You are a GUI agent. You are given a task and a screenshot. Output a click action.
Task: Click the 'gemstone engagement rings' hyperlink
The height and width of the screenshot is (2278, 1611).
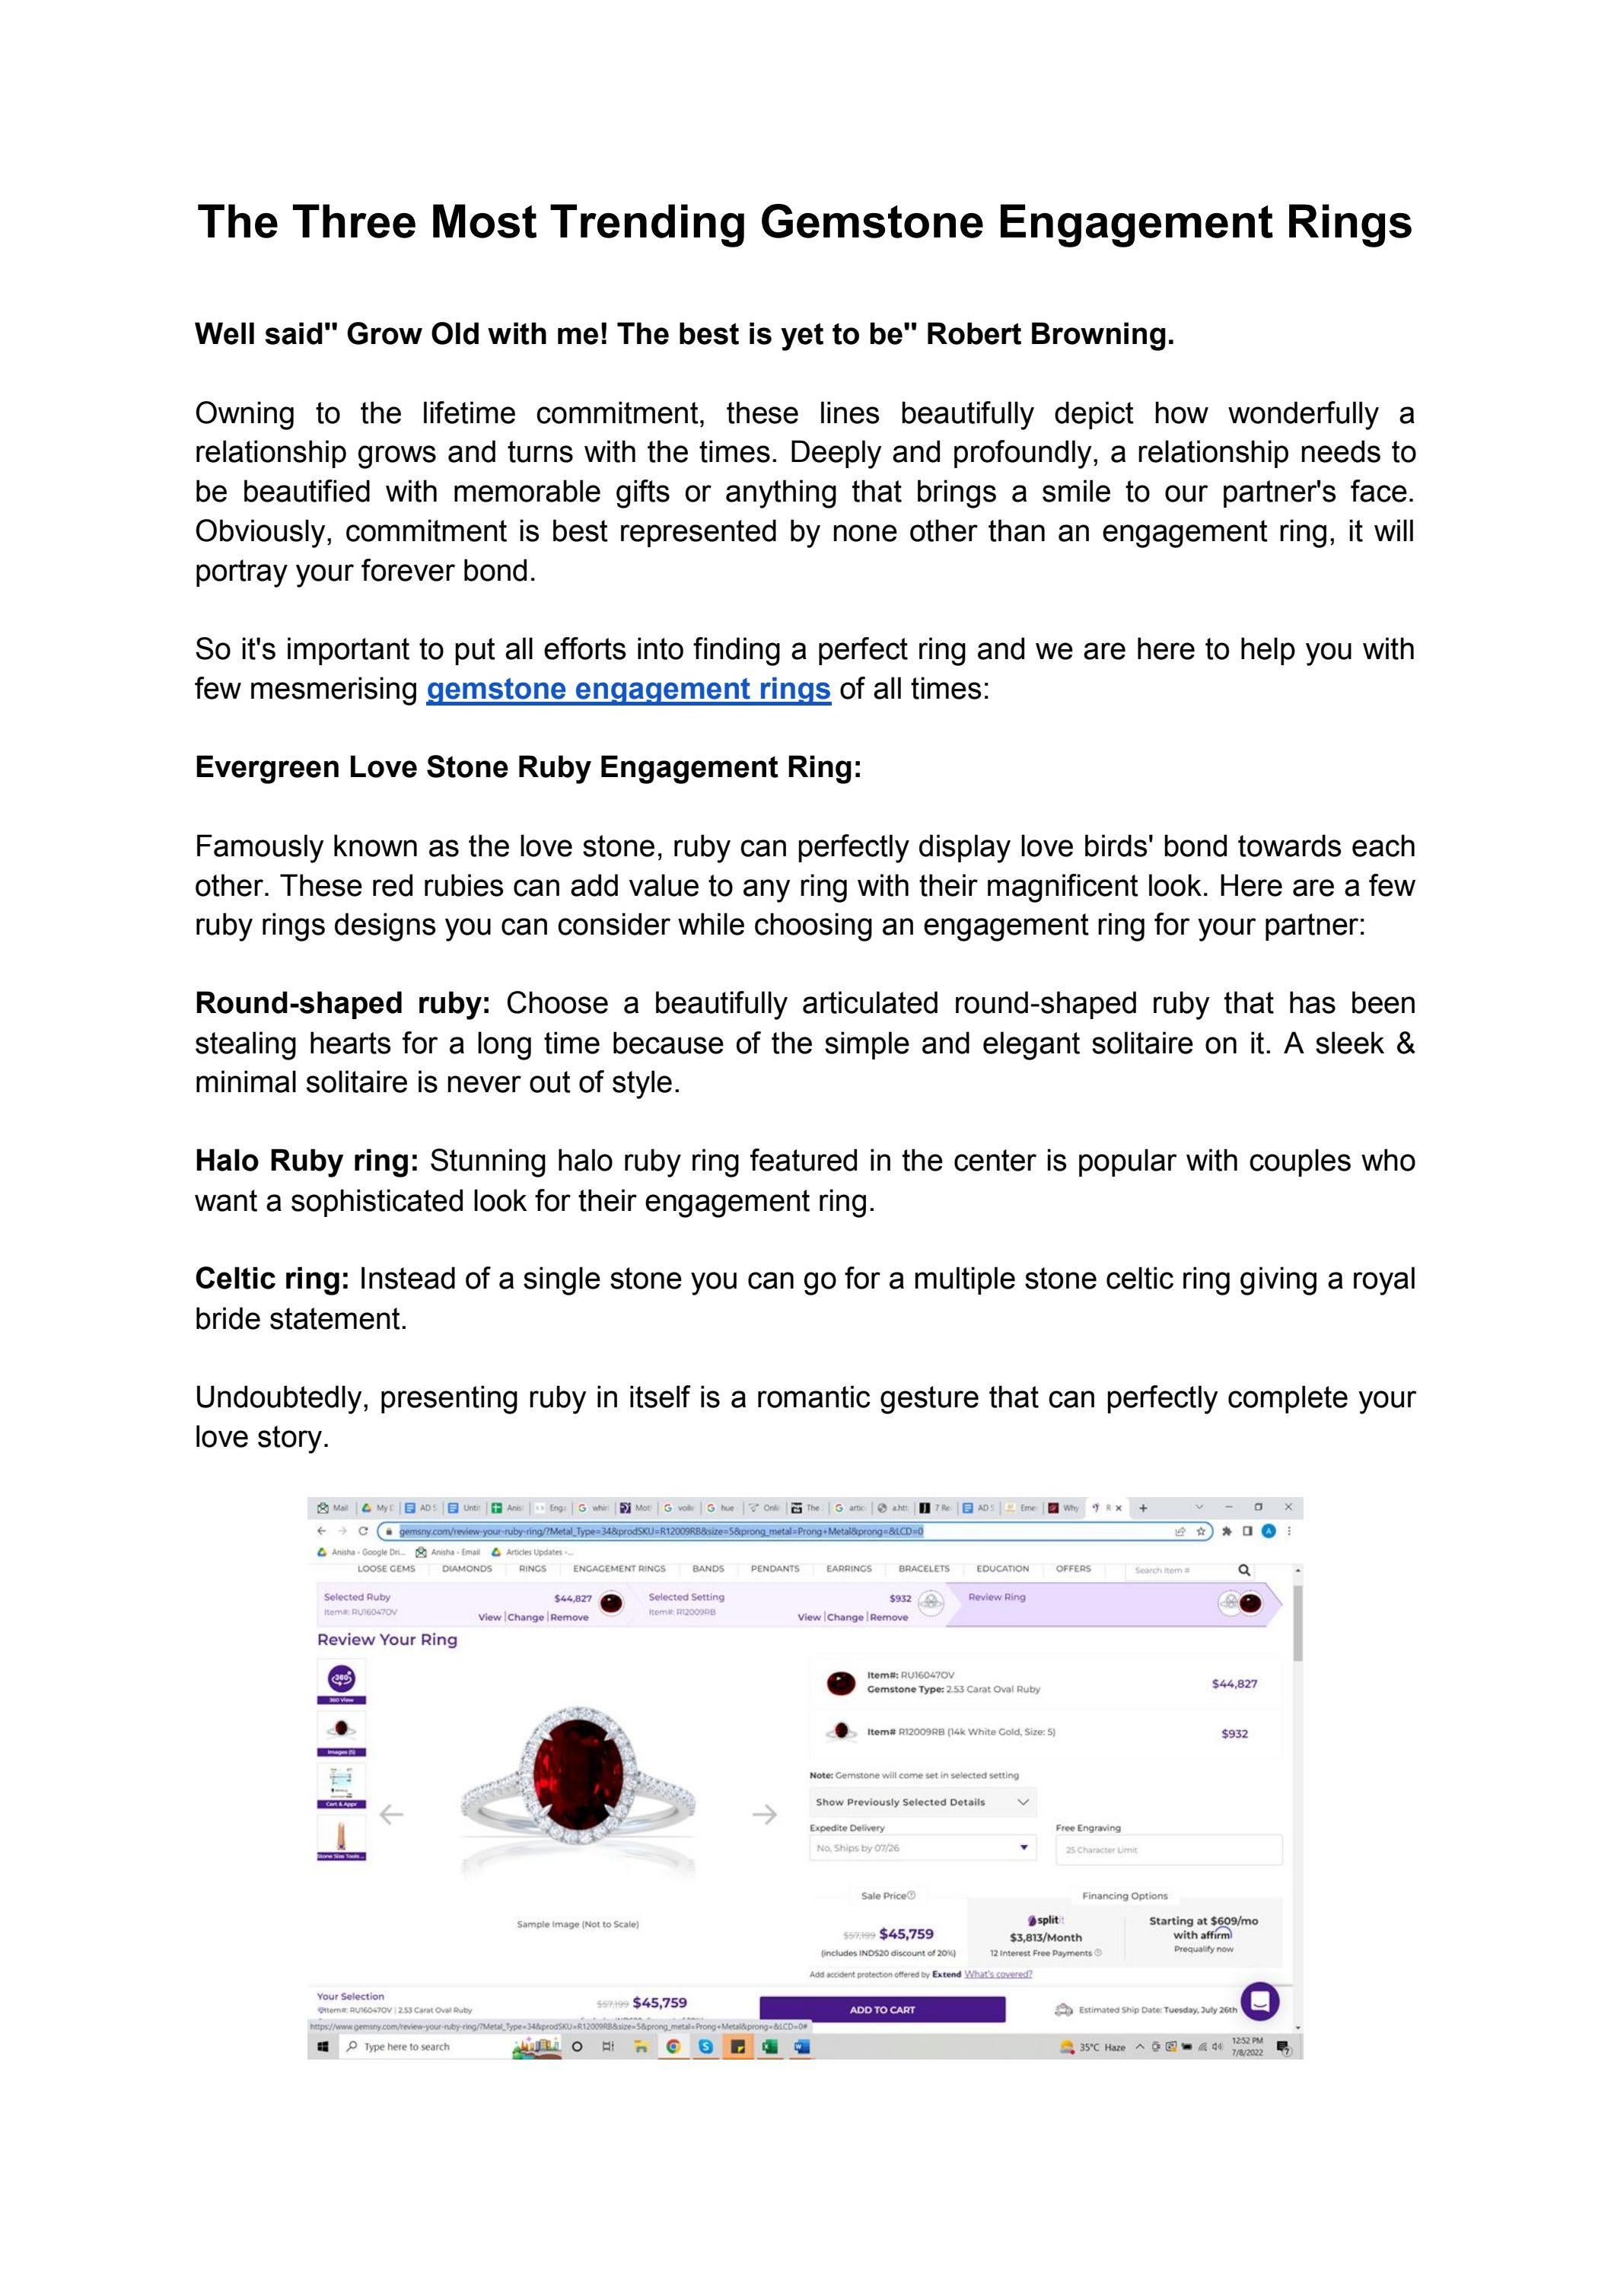[x=628, y=689]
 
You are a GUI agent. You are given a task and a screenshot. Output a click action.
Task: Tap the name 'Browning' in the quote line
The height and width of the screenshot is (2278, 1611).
[x=1101, y=334]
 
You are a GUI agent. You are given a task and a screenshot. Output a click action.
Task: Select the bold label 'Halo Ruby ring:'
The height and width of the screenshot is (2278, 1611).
[x=307, y=1161]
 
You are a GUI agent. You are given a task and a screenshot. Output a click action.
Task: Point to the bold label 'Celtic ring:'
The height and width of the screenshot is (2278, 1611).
[x=272, y=1279]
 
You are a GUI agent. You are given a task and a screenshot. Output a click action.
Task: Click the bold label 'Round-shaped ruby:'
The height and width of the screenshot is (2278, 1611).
[x=342, y=1003]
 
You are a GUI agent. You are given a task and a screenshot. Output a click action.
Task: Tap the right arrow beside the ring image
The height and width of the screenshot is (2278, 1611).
[x=764, y=1814]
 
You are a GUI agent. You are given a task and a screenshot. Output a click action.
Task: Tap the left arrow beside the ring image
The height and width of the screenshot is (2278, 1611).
[x=392, y=1814]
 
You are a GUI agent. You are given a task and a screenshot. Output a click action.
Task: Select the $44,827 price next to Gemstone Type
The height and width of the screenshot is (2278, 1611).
[x=1234, y=1684]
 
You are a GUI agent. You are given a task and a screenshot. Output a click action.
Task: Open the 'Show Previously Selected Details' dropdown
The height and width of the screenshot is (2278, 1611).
[x=922, y=1802]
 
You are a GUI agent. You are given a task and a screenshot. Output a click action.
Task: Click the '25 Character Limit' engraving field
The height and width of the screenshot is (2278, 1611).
[x=1167, y=1849]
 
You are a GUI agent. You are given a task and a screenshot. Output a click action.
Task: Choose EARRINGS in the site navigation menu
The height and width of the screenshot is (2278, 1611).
[x=848, y=1569]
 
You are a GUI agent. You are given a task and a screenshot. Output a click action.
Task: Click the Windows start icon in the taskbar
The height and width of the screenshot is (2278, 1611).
[x=323, y=2047]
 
